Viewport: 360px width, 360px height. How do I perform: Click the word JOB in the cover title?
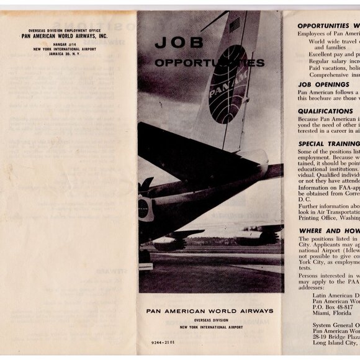[x=171, y=43]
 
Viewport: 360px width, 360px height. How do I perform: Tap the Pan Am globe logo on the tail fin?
[x=228, y=85]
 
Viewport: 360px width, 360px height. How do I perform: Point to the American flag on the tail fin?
[x=235, y=24]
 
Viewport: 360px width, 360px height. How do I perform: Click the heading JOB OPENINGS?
[x=323, y=83]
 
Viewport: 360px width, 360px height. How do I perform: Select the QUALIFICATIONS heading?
[x=325, y=111]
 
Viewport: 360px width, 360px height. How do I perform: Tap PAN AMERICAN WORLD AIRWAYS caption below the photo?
[x=209, y=311]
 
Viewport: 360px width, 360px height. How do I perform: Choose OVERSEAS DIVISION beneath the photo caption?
[x=209, y=319]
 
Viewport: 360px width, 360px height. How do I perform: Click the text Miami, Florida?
[x=333, y=313]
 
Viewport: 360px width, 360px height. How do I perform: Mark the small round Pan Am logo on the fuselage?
[x=143, y=209]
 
